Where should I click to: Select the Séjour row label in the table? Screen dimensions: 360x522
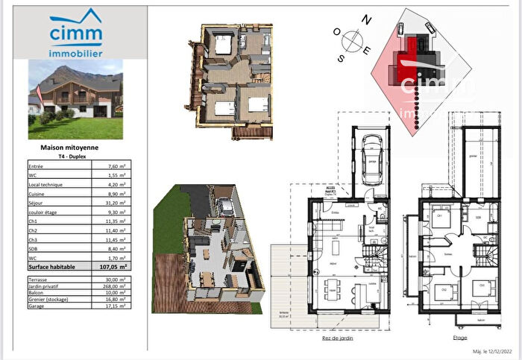coord(35,202)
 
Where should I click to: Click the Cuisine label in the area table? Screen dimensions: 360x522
coord(36,193)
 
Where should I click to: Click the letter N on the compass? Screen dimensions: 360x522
coord(365,19)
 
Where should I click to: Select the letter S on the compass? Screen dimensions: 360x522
coord(342,58)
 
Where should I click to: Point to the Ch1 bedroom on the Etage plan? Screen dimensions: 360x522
coord(439,217)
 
